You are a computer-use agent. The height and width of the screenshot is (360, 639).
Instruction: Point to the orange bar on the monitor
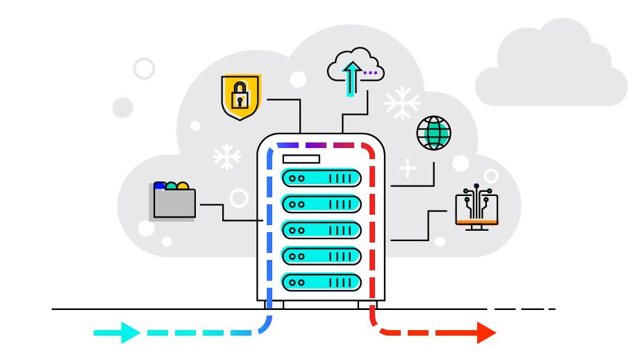coord(476,222)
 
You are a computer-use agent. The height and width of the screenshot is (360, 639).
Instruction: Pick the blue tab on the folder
coord(160,185)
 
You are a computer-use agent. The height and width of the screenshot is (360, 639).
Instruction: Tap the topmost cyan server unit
coord(321,178)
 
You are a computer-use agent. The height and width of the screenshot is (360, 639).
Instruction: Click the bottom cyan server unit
coord(321,281)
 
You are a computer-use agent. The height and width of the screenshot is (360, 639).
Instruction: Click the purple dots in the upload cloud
coord(371,72)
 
